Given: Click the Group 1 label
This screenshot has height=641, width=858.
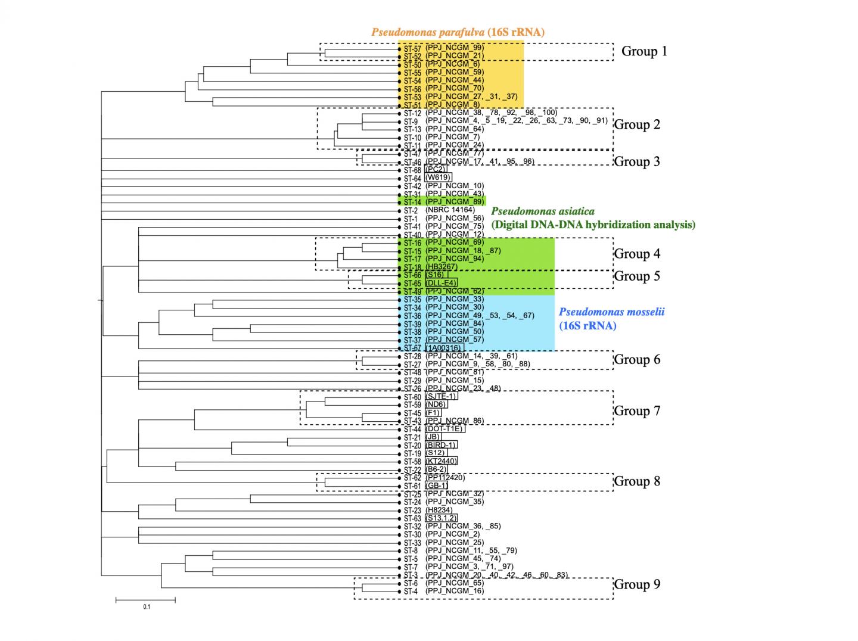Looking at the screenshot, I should click(x=644, y=51).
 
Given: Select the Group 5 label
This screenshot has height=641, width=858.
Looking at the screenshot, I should click(x=637, y=276).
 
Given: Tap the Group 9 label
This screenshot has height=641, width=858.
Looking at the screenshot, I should click(x=637, y=584).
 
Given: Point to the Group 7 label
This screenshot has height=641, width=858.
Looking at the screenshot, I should click(x=637, y=411).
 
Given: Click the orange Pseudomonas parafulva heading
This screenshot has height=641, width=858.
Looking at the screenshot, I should click(x=458, y=32).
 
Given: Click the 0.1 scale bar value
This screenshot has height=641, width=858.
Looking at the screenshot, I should click(x=147, y=607).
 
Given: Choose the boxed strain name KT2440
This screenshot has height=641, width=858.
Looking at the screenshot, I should click(x=442, y=461).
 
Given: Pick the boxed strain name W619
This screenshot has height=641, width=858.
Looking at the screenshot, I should click(x=438, y=178).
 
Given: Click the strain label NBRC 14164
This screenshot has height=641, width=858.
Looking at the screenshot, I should click(x=450, y=210).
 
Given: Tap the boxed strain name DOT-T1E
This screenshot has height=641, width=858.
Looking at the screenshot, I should click(x=444, y=429).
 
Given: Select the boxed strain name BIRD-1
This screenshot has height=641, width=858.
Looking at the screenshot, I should click(x=442, y=445).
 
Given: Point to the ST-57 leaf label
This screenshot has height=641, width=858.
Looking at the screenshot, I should click(x=412, y=49).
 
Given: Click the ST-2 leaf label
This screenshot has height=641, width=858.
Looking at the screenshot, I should click(x=411, y=211).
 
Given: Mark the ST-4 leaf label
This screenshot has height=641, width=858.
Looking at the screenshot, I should click(x=411, y=592).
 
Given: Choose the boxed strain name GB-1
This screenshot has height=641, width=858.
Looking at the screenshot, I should click(x=436, y=486).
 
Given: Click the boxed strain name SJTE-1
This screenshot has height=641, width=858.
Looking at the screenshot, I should click(x=442, y=397).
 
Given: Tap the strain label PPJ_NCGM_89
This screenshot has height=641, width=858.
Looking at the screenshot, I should click(x=455, y=202).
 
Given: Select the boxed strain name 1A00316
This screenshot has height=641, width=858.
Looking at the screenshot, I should click(x=444, y=348).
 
